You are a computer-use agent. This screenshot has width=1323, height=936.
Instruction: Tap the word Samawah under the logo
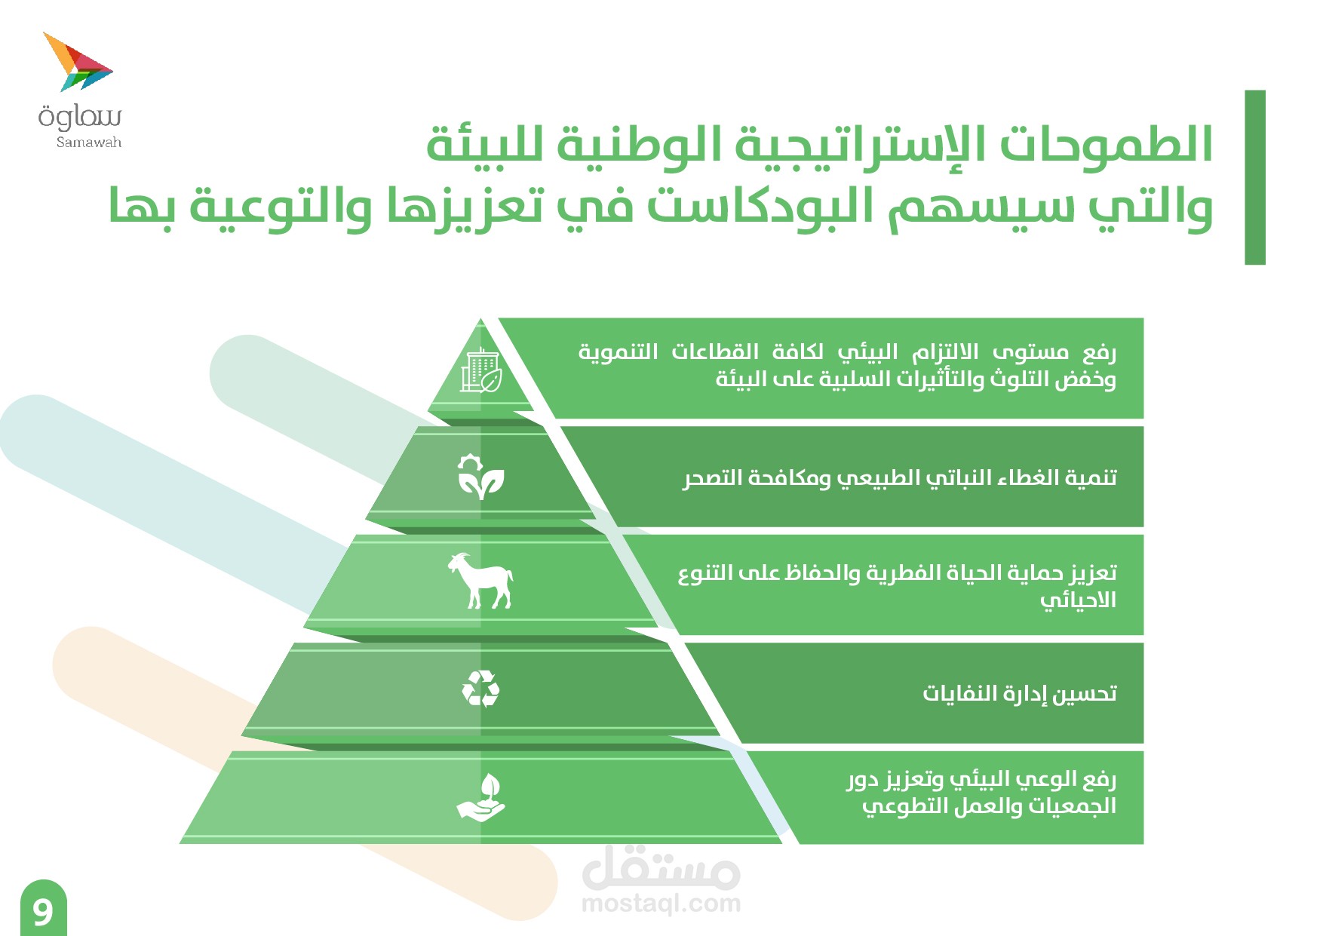89,142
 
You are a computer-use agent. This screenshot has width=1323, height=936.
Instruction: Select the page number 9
43,912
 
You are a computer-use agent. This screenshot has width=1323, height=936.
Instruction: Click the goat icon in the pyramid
480,580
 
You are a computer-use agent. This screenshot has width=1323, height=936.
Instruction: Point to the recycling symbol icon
480,689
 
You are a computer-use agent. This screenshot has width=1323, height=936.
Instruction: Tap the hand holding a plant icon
480,796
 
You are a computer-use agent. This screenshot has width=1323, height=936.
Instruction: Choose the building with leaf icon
481,370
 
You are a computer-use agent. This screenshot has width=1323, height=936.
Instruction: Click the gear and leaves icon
480,477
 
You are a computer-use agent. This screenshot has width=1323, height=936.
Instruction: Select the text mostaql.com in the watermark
661,903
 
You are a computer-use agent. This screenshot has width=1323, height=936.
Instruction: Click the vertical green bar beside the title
1255,177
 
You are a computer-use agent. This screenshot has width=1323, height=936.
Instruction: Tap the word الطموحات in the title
1106,143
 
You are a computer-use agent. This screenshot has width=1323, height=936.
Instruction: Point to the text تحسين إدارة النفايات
1019,692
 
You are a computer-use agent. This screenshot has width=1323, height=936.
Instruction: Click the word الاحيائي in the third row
1078,600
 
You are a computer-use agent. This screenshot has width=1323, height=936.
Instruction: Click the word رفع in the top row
1099,352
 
